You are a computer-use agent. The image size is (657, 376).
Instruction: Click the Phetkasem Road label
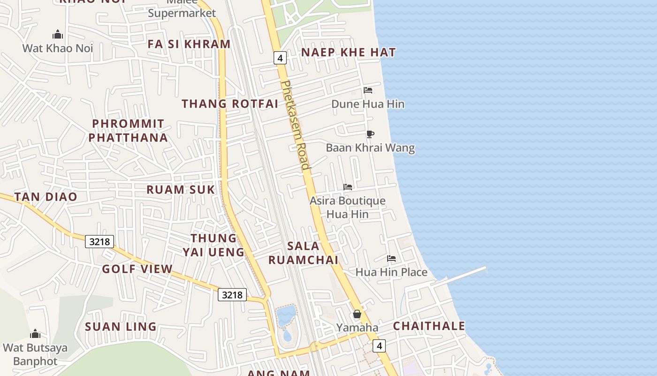[295, 125]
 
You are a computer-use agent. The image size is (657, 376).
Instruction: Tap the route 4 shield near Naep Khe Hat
[280, 58]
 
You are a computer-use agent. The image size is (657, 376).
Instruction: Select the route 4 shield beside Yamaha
[379, 346]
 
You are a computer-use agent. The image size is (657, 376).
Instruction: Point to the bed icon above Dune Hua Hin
[368, 90]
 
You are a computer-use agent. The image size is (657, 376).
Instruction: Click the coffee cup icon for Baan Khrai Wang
[370, 134]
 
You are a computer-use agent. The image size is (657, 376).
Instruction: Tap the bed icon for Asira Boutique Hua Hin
[348, 187]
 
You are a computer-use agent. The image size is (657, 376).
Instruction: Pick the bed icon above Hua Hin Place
[391, 258]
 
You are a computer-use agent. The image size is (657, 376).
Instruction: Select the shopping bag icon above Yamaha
[357, 314]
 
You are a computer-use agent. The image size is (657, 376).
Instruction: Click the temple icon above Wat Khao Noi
[58, 34]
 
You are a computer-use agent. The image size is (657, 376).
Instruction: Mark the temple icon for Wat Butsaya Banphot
[35, 334]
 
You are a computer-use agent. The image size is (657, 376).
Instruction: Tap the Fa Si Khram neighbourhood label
[189, 44]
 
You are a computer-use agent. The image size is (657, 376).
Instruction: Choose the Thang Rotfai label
[230, 104]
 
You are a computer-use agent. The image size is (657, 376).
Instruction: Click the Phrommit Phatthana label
[128, 131]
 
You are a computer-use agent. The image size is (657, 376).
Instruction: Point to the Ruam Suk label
[181, 190]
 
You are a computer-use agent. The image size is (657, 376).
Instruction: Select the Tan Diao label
[46, 197]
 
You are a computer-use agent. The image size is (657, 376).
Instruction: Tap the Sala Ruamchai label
[303, 253]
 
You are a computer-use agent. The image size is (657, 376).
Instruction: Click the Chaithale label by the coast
[429, 326]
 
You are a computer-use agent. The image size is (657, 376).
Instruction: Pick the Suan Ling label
[121, 327]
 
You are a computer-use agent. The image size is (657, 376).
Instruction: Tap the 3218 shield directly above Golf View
[99, 242]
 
